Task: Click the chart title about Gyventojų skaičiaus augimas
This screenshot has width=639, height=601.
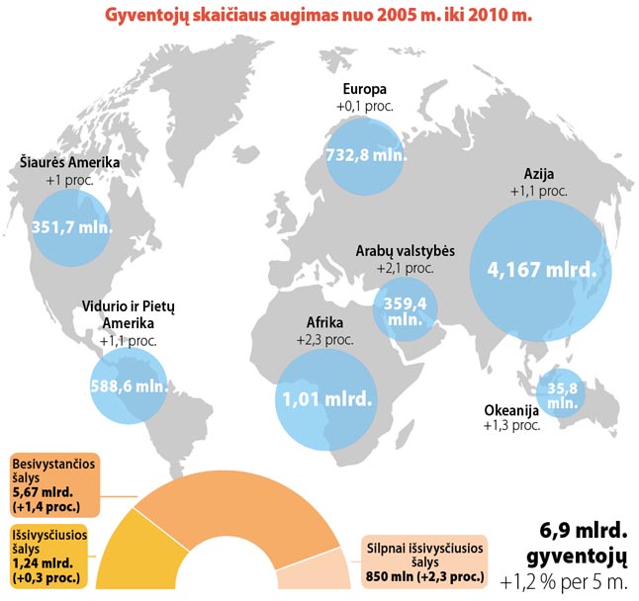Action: point(319,19)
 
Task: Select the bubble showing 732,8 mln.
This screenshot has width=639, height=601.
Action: point(364,155)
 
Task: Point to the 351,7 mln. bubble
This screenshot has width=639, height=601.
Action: point(72,225)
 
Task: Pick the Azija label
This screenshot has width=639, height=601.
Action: point(538,175)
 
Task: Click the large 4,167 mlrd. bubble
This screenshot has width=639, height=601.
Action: point(539,268)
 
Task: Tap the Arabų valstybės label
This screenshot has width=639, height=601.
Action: point(406,251)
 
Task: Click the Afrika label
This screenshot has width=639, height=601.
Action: point(324,323)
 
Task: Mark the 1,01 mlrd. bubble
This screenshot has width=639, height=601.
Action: point(325,399)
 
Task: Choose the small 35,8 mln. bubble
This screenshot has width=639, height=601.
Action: point(560,394)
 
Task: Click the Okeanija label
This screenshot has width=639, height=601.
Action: point(510,410)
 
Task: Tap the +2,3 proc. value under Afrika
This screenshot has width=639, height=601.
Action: point(324,339)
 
